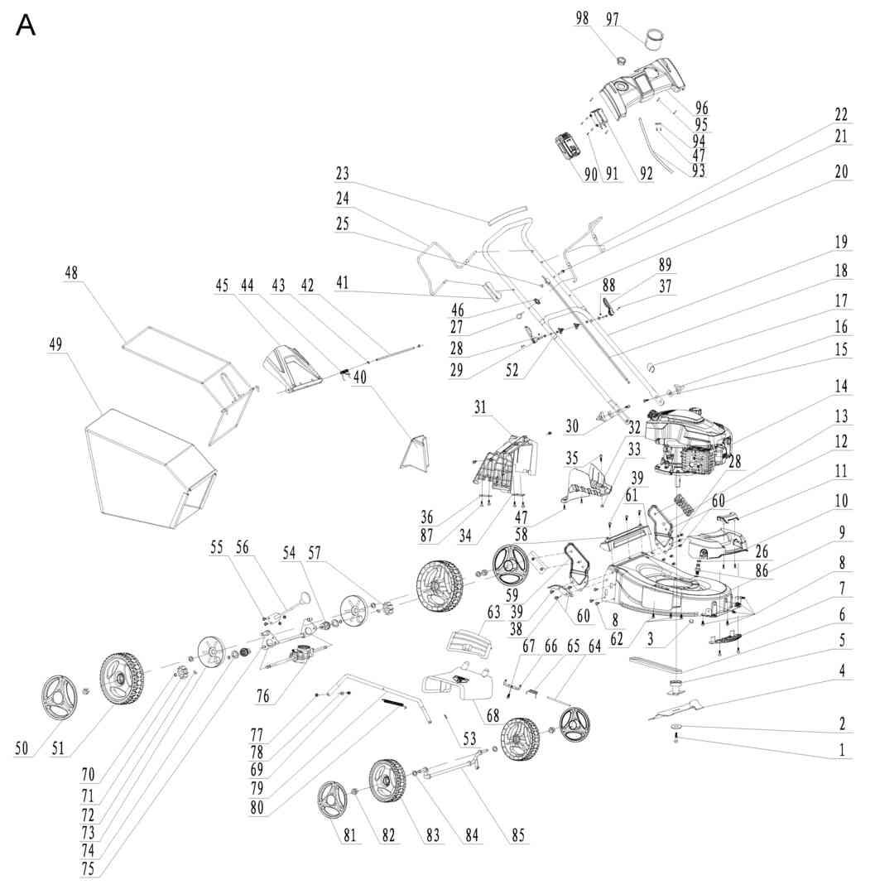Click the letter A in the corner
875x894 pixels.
click(x=26, y=26)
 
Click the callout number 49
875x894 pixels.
click(x=55, y=344)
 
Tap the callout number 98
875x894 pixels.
click(x=581, y=17)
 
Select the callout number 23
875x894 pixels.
click(x=342, y=173)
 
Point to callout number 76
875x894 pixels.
click(x=262, y=695)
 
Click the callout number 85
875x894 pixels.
click(x=517, y=835)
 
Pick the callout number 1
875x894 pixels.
click(x=842, y=750)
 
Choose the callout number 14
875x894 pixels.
click(x=841, y=386)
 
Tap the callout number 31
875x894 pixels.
click(x=480, y=407)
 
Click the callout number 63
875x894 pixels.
click(x=493, y=613)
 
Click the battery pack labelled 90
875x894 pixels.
click(x=569, y=147)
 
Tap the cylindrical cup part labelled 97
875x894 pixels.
click(x=655, y=41)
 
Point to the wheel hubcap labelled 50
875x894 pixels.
click(x=60, y=699)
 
